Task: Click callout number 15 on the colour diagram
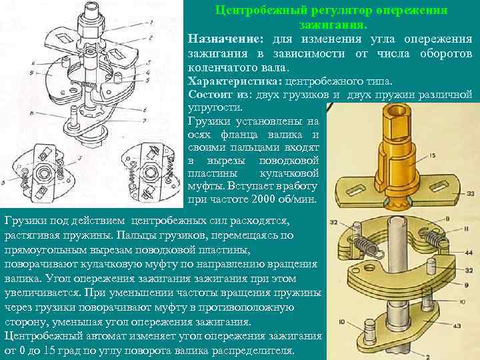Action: tap(433, 156)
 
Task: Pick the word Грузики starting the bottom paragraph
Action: tap(23, 220)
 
